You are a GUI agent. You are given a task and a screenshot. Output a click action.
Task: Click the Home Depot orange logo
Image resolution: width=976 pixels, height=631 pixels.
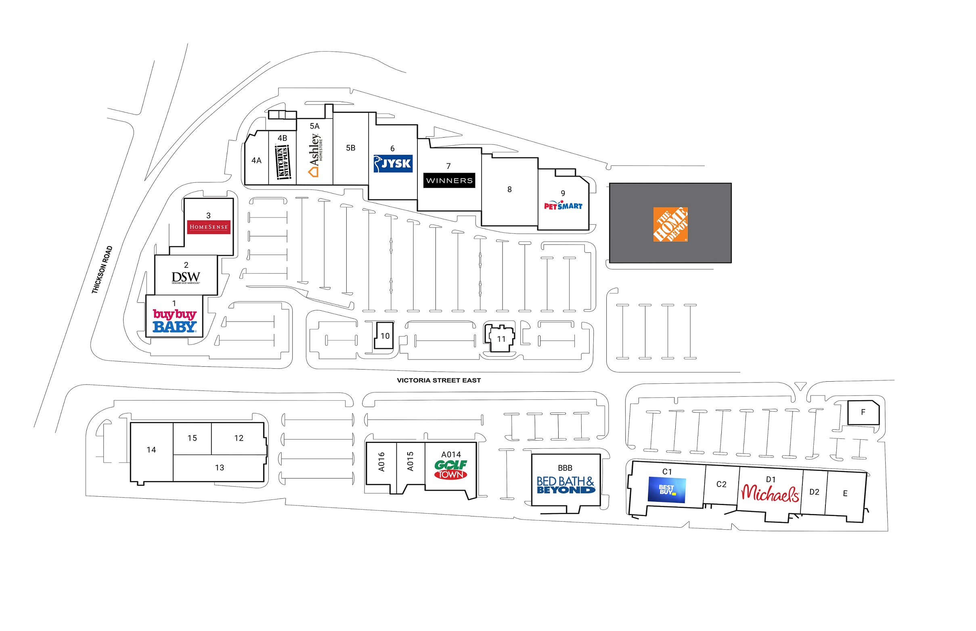tap(670, 224)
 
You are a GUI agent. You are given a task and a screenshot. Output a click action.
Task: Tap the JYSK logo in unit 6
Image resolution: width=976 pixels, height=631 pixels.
tap(393, 163)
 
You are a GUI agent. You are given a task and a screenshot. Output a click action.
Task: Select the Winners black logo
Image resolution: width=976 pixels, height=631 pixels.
tap(449, 180)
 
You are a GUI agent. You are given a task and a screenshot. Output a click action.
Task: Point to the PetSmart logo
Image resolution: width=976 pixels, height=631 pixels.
tap(562, 205)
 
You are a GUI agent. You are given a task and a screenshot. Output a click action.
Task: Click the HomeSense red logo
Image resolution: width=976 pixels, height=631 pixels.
tap(208, 227)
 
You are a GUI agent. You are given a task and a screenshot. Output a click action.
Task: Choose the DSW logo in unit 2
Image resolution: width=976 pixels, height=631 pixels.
tap(186, 278)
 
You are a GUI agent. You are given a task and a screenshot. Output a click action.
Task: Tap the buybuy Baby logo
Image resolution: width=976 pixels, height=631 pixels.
tap(175, 320)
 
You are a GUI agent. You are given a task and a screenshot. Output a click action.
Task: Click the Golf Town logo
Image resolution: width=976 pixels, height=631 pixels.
tap(450, 470)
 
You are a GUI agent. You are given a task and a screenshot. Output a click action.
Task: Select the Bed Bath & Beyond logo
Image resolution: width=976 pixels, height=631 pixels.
tap(565, 485)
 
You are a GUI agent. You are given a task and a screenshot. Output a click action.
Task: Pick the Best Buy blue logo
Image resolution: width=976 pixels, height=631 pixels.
tap(666, 490)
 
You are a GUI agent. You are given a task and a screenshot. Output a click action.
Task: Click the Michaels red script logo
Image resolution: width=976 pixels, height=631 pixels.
tap(770, 493)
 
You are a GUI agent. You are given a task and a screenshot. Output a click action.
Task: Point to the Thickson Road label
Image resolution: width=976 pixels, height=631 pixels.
tap(102, 269)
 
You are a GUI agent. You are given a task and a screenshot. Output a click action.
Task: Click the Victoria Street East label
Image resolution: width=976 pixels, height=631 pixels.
tap(439, 380)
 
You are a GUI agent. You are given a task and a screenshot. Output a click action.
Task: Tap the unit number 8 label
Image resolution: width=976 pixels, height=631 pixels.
tap(509, 189)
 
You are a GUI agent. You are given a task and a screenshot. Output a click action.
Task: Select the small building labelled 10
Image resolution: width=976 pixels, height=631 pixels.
tap(385, 336)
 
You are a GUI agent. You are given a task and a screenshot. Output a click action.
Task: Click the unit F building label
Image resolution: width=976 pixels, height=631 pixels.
tap(863, 412)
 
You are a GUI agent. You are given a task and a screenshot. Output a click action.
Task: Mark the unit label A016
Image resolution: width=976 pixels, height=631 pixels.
tap(381, 462)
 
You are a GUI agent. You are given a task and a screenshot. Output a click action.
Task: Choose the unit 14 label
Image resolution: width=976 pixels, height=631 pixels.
tap(151, 450)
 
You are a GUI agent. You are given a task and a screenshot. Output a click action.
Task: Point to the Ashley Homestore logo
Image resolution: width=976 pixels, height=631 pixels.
tap(315, 155)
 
